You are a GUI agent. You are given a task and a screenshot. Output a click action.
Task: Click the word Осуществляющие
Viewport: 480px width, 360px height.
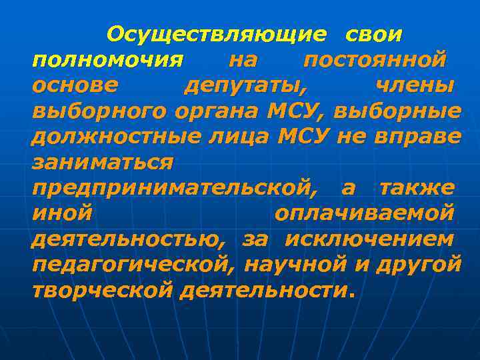pyautogui.click(x=217, y=33)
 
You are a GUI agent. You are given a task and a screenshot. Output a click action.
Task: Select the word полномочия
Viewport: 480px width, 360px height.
pyautogui.click(x=107, y=59)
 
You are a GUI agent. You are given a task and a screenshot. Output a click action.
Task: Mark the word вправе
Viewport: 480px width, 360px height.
pyautogui.click(x=417, y=136)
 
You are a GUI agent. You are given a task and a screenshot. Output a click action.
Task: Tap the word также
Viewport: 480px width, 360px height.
pyautogui.click(x=417, y=188)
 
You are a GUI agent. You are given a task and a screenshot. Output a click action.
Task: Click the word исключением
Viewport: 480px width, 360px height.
pyautogui.click(x=370, y=239)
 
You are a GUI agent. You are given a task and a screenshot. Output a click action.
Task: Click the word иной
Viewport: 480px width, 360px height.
pyautogui.click(x=62, y=213)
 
